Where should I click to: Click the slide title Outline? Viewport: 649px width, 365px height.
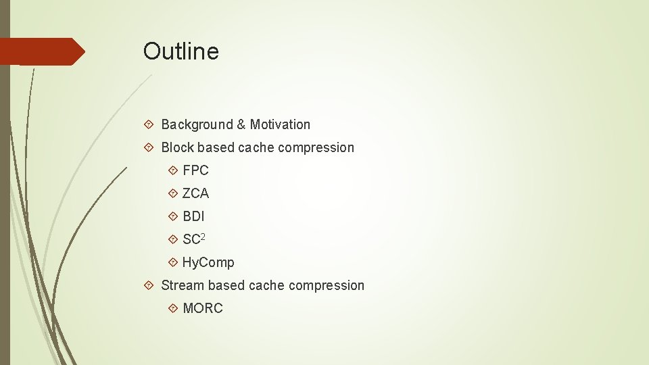181,51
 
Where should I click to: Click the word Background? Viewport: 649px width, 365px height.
197,124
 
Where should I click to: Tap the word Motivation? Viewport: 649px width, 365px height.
280,124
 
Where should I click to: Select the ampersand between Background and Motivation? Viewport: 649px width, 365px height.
241,124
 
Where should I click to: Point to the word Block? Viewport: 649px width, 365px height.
177,147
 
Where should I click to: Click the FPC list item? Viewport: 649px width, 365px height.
195,170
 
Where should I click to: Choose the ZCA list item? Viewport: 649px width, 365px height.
195,193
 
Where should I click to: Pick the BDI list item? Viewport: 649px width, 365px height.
193,216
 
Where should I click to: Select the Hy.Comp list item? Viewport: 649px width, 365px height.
208,262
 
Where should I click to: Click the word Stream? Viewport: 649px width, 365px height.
183,285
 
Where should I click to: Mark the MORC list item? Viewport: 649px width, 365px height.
202,308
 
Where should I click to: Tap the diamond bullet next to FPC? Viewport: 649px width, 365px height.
173,170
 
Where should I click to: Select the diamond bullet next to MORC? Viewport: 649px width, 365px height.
173,308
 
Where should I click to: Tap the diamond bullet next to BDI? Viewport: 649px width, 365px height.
173,216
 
